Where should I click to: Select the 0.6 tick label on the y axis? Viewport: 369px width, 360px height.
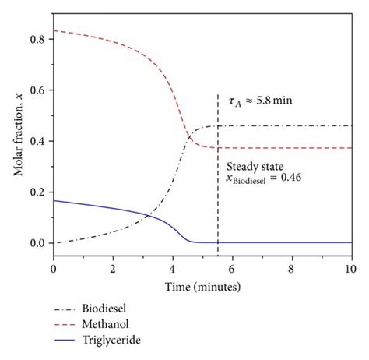tap(36, 90)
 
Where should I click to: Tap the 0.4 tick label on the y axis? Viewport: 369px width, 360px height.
tap(36, 141)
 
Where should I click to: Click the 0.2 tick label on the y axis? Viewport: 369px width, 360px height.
tap(36, 192)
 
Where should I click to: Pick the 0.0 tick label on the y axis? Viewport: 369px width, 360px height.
tap(36, 243)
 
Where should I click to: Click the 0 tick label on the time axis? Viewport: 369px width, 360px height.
tap(53, 267)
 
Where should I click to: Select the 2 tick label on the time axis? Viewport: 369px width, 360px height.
tap(112, 267)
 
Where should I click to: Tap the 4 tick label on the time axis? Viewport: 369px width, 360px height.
tap(172, 267)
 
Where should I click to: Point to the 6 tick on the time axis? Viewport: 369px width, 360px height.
tap(232, 267)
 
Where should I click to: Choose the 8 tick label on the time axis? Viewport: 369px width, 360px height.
tap(291, 267)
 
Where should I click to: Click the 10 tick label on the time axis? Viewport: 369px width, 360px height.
tap(350, 267)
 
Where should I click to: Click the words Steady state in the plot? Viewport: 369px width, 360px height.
tap(255, 166)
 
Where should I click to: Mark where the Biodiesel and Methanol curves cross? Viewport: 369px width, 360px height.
tap(188, 138)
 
